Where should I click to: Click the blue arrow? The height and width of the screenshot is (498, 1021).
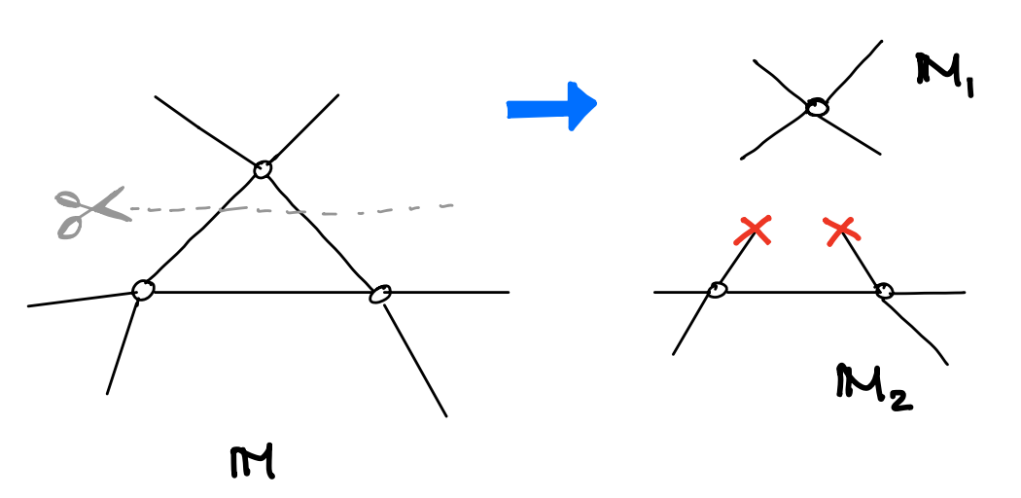(x=551, y=106)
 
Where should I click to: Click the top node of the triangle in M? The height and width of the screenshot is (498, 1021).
(x=263, y=169)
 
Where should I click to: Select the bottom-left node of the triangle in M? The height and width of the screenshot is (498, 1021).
(x=143, y=290)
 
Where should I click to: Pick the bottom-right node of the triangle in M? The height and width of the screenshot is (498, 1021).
(x=380, y=295)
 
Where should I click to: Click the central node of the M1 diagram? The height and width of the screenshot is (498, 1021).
(x=817, y=107)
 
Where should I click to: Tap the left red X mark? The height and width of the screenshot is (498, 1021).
(x=753, y=231)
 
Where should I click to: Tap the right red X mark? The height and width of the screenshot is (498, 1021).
(x=841, y=231)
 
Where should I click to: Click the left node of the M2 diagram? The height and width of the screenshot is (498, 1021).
(x=717, y=290)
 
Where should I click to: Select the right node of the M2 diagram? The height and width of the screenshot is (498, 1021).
(x=884, y=291)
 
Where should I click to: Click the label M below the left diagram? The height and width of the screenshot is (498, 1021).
(x=253, y=462)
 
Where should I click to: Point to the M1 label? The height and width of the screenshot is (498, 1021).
(x=944, y=76)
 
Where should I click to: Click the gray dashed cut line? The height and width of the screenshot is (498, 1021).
(x=292, y=210)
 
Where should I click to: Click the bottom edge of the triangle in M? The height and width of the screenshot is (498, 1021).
(x=262, y=293)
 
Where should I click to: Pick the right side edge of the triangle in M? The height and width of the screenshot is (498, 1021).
(x=321, y=231)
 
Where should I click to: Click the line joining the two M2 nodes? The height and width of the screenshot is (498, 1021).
(x=801, y=293)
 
